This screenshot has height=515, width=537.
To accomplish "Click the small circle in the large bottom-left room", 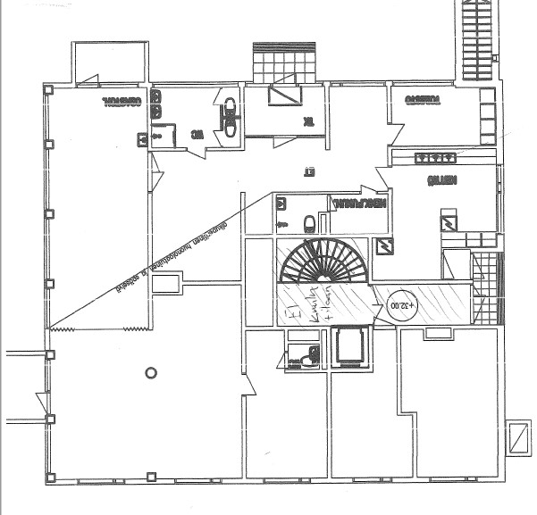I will coord(151,372).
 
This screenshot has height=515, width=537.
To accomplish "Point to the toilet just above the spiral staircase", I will coord(309,221).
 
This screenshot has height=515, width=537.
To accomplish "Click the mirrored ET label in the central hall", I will coord(311,172).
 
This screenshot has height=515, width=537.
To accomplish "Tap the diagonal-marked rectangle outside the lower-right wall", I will coord(516,437).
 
